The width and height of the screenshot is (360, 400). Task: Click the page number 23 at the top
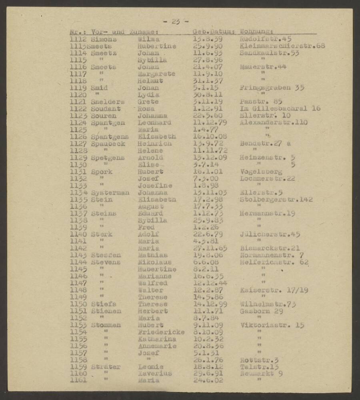click(x=176, y=22)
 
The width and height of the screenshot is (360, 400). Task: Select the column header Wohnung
click(x=256, y=32)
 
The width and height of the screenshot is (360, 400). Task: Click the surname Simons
click(x=104, y=39)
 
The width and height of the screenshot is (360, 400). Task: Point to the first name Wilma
click(x=148, y=39)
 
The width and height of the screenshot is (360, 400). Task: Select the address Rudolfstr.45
click(x=265, y=39)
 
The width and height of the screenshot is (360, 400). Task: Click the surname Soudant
click(x=105, y=108)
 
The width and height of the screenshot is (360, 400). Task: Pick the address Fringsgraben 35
click(x=268, y=88)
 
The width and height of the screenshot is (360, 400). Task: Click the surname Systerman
click(x=110, y=192)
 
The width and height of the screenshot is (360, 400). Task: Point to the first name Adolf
click(x=148, y=234)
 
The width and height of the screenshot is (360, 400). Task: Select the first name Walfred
click(x=152, y=283)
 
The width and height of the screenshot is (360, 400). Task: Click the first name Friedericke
click(x=161, y=332)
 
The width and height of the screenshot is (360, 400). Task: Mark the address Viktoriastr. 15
click(x=272, y=325)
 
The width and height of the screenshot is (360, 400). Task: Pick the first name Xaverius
click(x=154, y=373)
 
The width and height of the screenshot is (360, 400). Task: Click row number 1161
click(x=78, y=380)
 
